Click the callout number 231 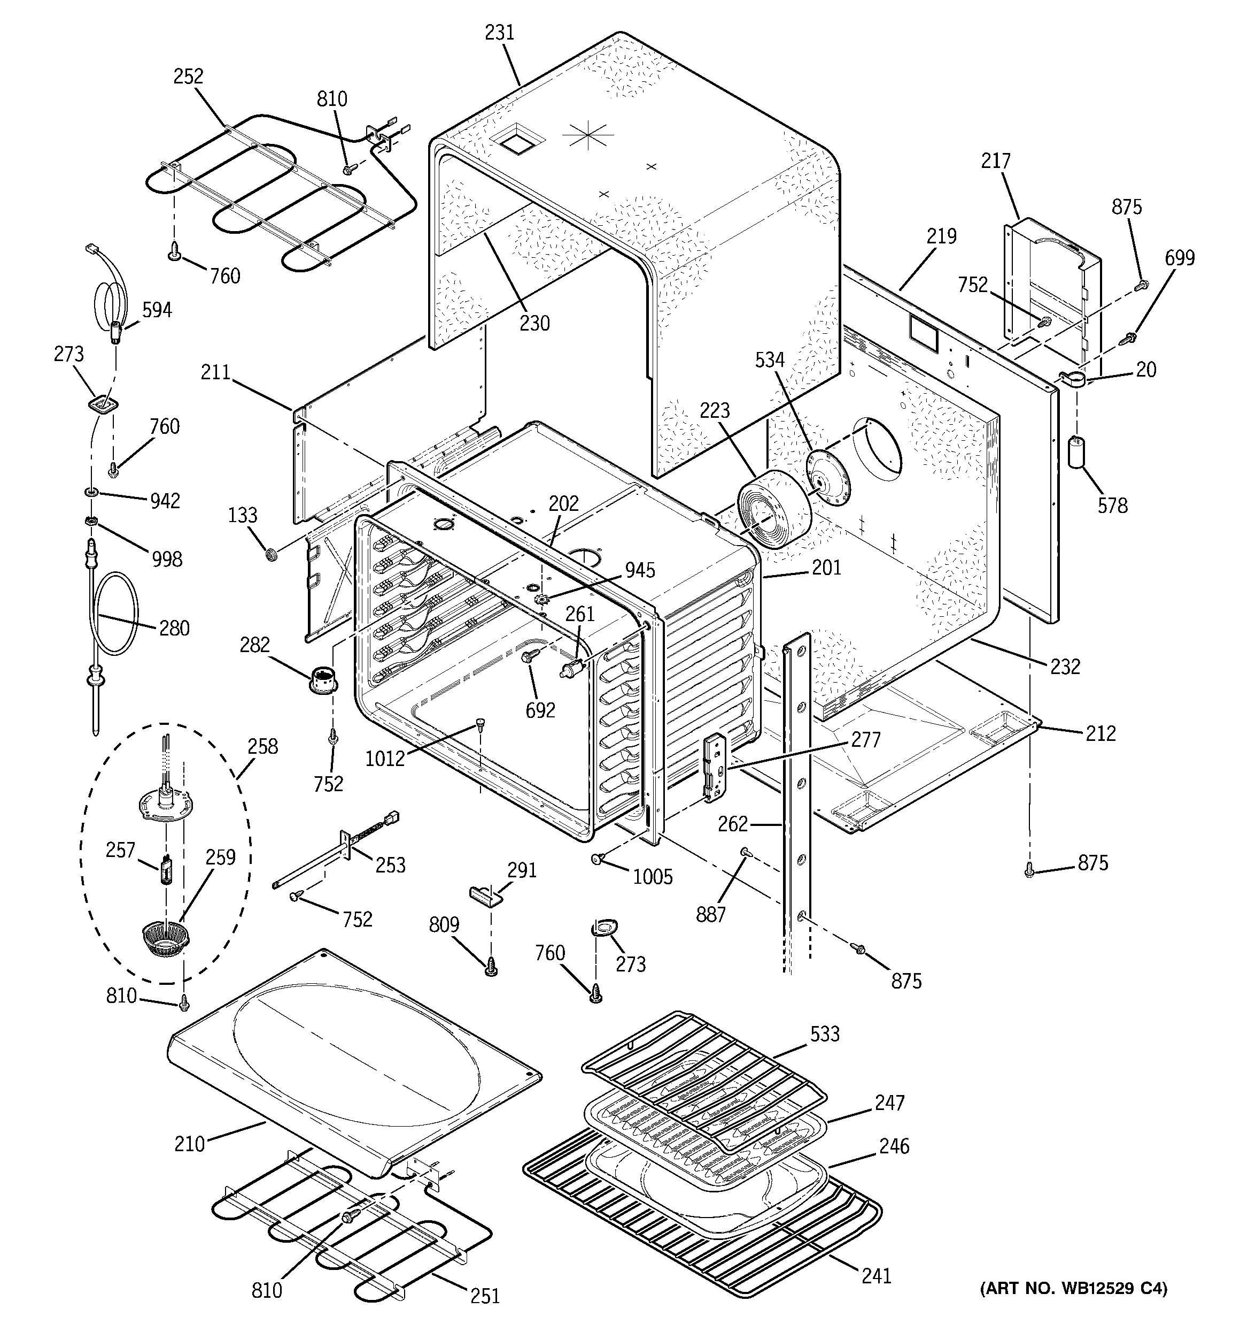499,33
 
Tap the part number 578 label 1113,506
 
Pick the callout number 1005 652,877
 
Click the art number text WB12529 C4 1073,1307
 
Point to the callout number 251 485,1295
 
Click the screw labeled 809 491,965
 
